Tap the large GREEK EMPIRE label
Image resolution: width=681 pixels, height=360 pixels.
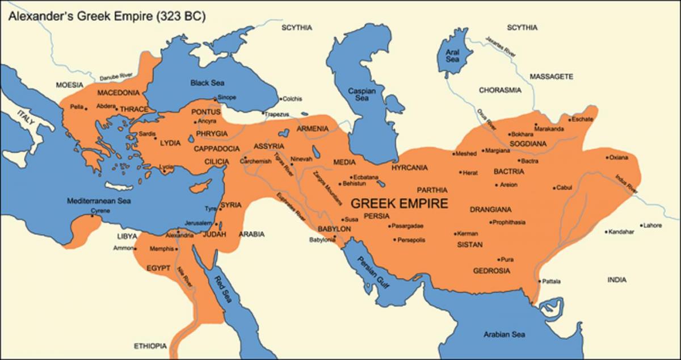400,203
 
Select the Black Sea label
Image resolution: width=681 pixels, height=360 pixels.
208,83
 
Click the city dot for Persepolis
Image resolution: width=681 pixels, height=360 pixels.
394,240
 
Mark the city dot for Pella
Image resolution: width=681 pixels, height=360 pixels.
86,108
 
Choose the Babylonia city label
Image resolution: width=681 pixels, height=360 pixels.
322,240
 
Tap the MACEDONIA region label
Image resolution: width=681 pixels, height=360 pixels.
119,93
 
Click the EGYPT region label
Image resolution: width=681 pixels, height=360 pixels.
159,267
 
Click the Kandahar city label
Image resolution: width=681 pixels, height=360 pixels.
622,232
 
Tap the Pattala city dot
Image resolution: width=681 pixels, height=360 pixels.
538,281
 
